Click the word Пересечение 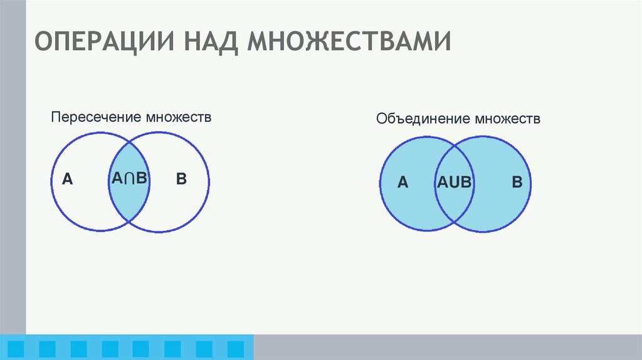[97, 117]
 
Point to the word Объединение [423, 119]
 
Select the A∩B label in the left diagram [129, 179]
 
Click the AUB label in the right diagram [454, 183]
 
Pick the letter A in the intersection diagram [67, 180]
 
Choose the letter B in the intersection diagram [181, 179]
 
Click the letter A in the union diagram [403, 183]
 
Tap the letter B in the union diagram [517, 183]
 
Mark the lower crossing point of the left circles [130, 223]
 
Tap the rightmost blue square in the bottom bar [235, 347]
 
